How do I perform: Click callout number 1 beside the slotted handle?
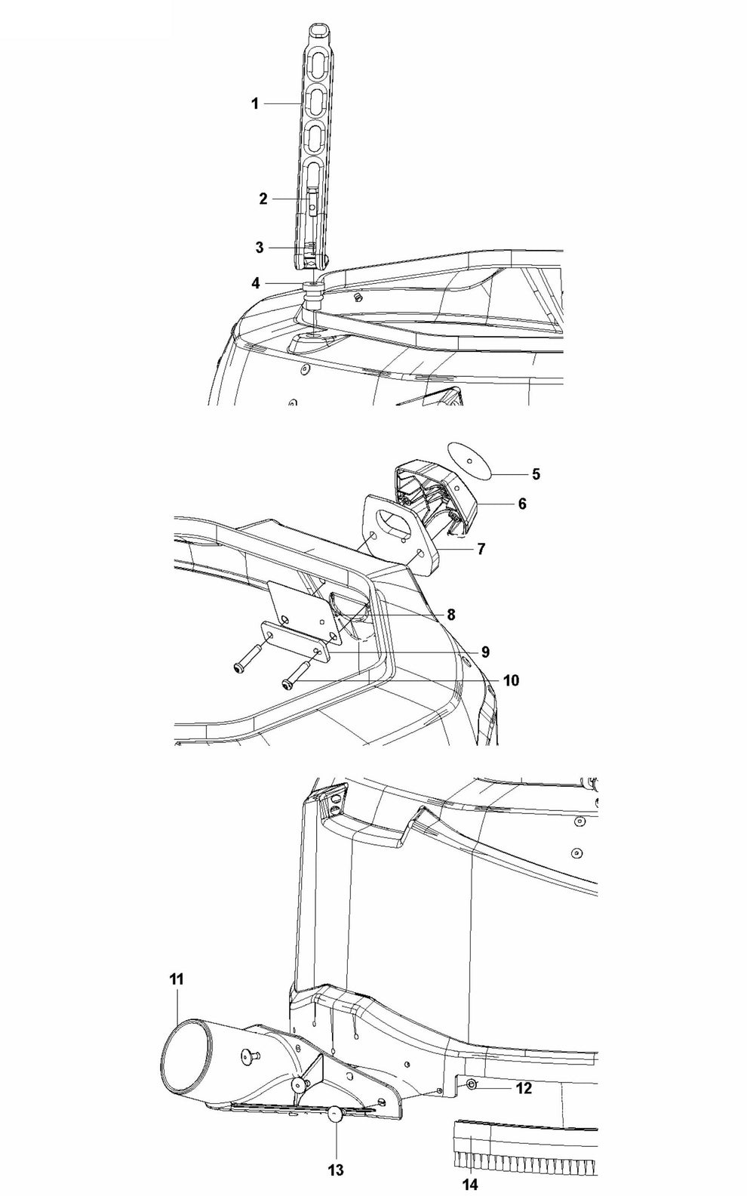[255, 103]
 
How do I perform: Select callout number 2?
[263, 199]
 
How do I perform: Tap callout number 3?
[260, 248]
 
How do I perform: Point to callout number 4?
[256, 283]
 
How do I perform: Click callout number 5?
[536, 473]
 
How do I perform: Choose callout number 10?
[511, 680]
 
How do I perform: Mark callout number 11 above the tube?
[176, 980]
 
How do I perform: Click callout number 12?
[524, 1084]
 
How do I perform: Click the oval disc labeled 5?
[469, 460]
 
